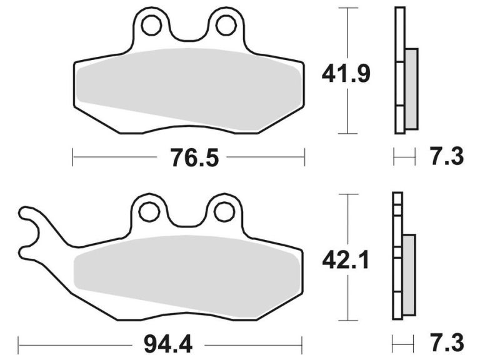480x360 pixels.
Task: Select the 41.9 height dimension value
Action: pos(346,74)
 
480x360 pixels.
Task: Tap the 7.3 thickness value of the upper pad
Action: pos(447,156)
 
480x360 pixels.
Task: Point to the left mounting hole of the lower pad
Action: pos(149,212)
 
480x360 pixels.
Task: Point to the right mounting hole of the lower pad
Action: pos(224,212)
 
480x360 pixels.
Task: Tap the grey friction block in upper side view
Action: pos(411,89)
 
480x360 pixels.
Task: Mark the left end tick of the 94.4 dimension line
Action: pos(19,343)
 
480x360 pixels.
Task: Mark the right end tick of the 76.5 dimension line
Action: pos(304,157)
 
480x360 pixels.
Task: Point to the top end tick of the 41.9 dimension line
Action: pos(347,8)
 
